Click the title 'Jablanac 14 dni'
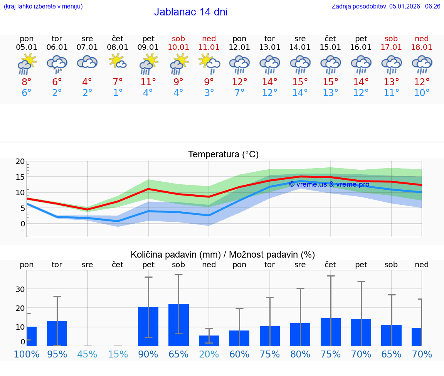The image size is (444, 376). click(x=191, y=12)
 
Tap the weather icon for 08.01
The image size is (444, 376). click(x=118, y=61)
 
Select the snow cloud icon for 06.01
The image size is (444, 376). click(x=57, y=63)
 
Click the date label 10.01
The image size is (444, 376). click(x=178, y=47)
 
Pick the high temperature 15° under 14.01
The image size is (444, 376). click(x=300, y=82)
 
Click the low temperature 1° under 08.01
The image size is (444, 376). click(x=118, y=93)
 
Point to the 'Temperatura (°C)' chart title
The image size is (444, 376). click(x=223, y=155)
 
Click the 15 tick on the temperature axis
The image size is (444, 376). click(x=20, y=177)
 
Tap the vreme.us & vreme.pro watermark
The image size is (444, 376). click(x=329, y=184)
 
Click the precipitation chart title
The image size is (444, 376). click(x=223, y=255)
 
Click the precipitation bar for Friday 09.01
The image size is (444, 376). click(x=148, y=326)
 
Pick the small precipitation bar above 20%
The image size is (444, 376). click(x=209, y=341)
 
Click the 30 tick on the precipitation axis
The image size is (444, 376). click(x=20, y=289)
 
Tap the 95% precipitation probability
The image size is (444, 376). click(x=57, y=354)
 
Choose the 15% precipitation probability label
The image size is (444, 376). click(x=118, y=354)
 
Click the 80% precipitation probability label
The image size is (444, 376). click(x=300, y=354)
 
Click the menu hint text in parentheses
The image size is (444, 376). click(x=43, y=6)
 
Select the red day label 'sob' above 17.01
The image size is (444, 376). click(x=391, y=39)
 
